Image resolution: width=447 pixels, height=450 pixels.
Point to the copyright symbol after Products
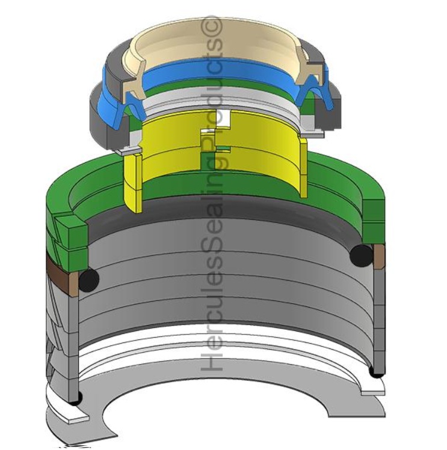(214, 26)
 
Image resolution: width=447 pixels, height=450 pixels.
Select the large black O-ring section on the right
(360, 255)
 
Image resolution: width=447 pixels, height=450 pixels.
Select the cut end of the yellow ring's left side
(132, 180)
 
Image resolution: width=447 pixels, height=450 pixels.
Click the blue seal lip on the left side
(120, 102)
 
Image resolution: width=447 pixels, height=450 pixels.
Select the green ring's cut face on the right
(374, 216)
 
